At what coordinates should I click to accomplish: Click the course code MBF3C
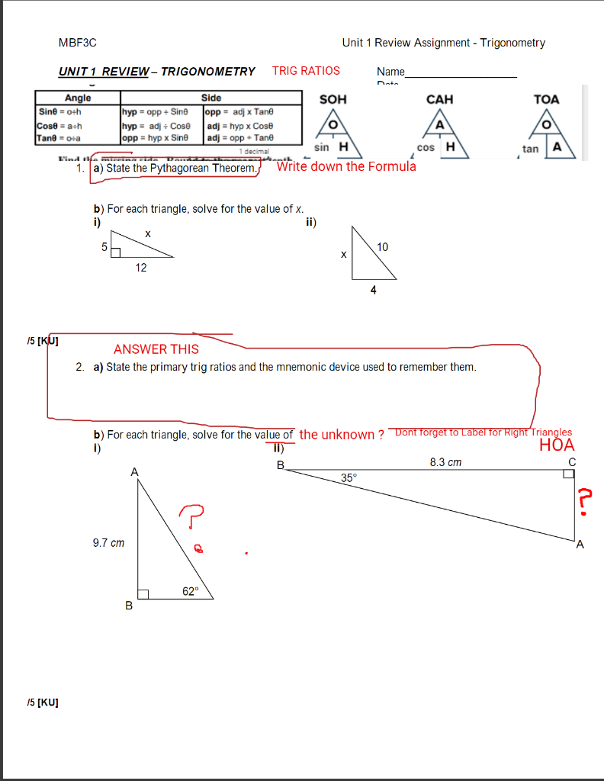(78, 43)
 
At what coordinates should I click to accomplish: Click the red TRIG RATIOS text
(306, 71)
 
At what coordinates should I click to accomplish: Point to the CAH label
(439, 99)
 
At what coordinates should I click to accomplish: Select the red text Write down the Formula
(346, 166)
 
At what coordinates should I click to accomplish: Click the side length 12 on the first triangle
(141, 268)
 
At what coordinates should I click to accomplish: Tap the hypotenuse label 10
(382, 246)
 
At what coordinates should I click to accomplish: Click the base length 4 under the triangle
(373, 290)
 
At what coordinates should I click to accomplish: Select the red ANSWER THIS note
(156, 349)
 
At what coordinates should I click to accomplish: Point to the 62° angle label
(190, 590)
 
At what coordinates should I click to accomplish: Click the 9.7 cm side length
(108, 543)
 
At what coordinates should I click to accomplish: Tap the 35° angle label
(349, 477)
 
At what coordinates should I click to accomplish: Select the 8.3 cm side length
(445, 462)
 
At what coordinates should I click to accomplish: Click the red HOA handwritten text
(557, 445)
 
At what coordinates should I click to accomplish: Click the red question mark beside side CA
(583, 502)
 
